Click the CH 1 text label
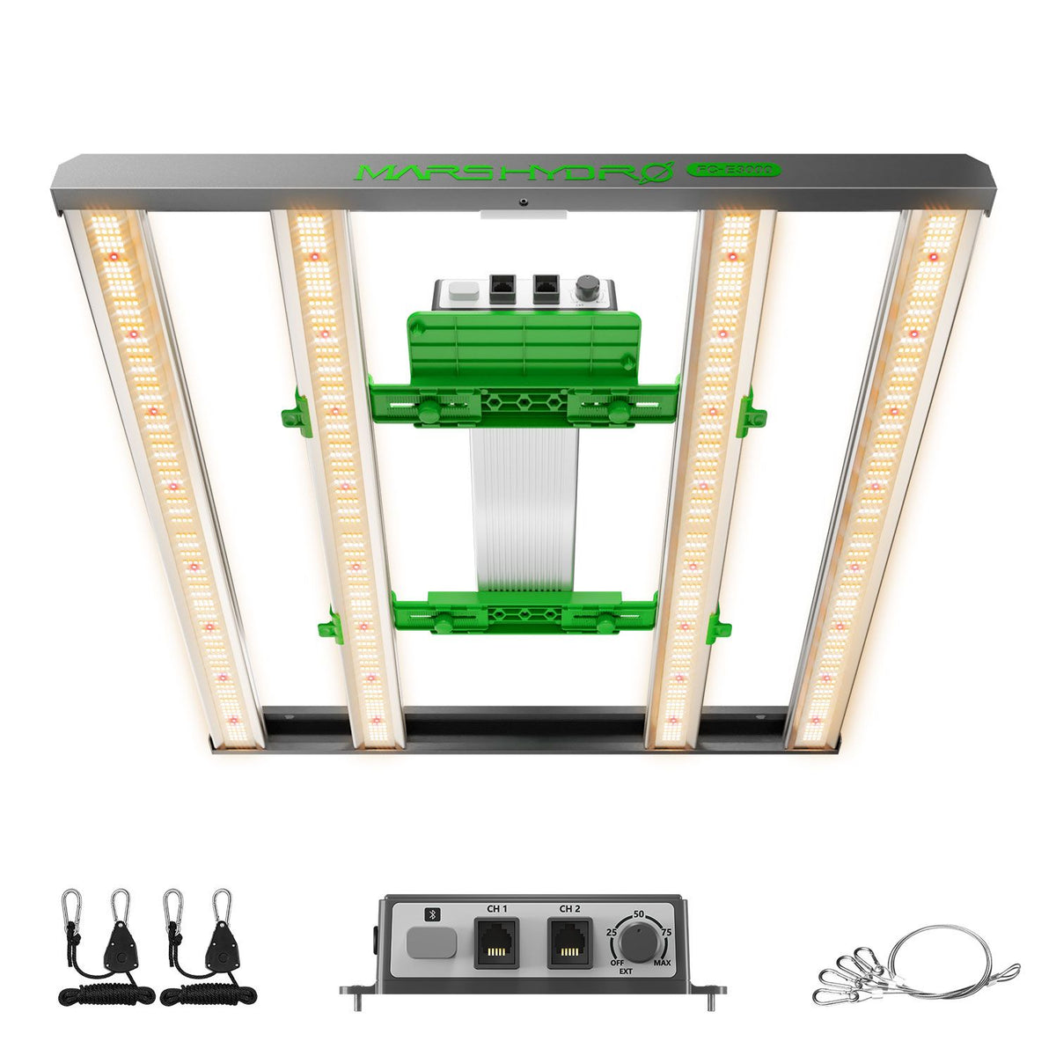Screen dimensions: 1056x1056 [x=496, y=909]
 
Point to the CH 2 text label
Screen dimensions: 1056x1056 [x=569, y=909]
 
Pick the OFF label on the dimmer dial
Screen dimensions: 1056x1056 [x=616, y=963]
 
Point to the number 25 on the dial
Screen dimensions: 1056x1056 [x=612, y=931]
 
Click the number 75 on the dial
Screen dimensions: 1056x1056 [x=667, y=931]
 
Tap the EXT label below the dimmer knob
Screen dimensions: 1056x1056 [x=625, y=972]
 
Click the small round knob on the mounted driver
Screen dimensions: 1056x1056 [x=585, y=290]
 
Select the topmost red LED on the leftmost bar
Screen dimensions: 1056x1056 [x=111, y=256]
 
